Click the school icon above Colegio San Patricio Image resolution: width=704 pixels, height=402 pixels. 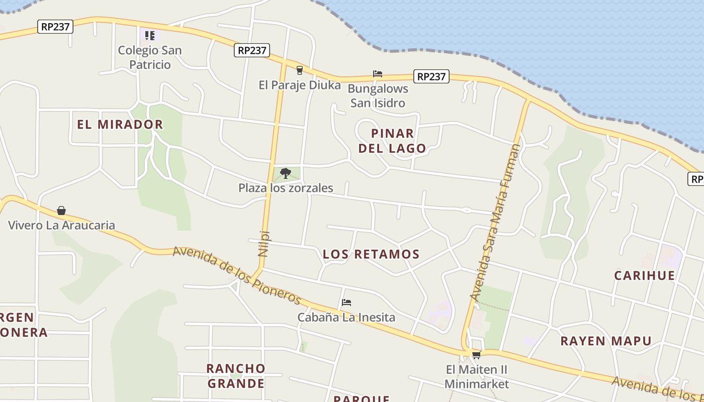[149, 35]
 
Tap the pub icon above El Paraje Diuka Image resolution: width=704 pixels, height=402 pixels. [300, 70]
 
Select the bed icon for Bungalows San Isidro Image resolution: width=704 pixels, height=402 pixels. [378, 74]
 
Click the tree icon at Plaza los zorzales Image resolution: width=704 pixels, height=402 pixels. [286, 173]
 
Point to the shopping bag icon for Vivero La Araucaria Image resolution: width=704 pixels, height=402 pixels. [61, 210]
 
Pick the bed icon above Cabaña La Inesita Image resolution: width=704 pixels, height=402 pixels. [346, 303]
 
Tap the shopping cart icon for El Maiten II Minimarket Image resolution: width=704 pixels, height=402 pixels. [476, 355]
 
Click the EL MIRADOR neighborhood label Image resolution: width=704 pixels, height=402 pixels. [120, 124]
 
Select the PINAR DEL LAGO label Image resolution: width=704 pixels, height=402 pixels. [399, 141]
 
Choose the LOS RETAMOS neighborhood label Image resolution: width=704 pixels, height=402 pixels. [371, 254]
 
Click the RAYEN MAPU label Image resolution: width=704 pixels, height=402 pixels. [606, 341]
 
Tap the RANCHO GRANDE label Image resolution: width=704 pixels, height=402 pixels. [236, 376]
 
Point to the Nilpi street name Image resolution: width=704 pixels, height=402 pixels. [263, 244]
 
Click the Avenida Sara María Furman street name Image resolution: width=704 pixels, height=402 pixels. [496, 223]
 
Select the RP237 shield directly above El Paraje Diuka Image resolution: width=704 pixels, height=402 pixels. [252, 50]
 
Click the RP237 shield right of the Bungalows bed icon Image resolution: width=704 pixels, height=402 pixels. [431, 76]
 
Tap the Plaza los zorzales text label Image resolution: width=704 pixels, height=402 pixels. [286, 188]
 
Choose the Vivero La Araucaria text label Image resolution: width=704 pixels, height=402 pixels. [61, 225]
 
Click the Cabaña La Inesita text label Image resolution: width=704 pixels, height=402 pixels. [346, 318]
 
